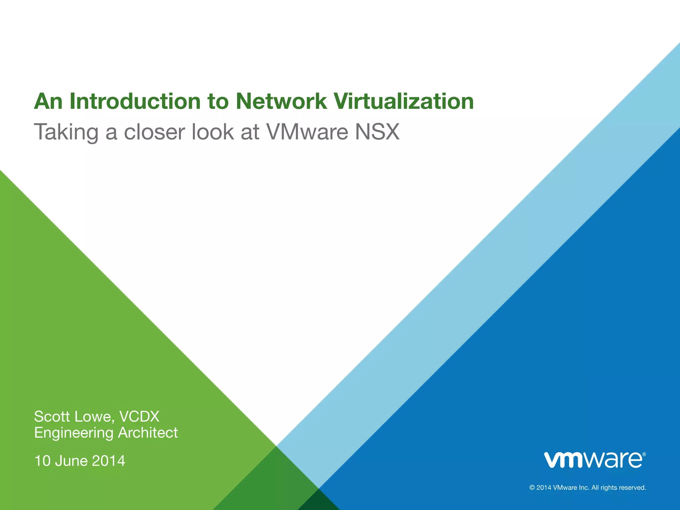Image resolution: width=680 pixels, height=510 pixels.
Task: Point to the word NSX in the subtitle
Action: pyautogui.click(x=377, y=132)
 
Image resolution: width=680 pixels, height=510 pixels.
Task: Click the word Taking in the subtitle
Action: pyautogui.click(x=66, y=132)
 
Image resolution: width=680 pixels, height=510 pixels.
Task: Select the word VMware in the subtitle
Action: pyautogui.click(x=307, y=132)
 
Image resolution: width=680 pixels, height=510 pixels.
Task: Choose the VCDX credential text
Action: pyautogui.click(x=139, y=416)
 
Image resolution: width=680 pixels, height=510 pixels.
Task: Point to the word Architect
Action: pyautogui.click(x=148, y=433)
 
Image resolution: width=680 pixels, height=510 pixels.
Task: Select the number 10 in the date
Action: pyautogui.click(x=42, y=461)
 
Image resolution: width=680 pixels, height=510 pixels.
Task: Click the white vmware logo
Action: pyautogui.click(x=593, y=460)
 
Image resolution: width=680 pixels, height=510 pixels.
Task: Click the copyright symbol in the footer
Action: pyautogui.click(x=532, y=488)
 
